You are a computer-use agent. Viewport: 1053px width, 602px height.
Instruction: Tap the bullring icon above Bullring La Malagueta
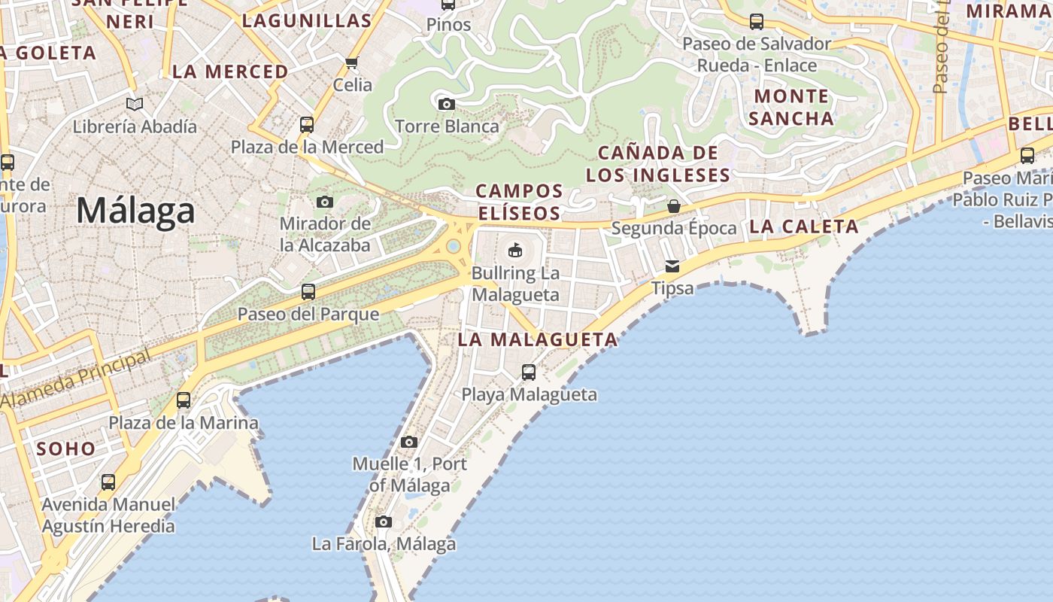tap(515, 250)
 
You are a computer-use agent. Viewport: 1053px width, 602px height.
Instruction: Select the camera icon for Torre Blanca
tap(447, 104)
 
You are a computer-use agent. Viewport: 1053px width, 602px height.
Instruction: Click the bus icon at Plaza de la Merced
tap(307, 124)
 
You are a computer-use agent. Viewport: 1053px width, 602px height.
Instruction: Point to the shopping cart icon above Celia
tap(352, 62)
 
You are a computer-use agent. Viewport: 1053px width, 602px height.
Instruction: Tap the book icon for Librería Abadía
tap(135, 104)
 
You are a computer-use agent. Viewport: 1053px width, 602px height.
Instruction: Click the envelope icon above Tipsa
tap(672, 266)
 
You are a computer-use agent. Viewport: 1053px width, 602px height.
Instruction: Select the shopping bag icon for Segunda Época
tap(674, 205)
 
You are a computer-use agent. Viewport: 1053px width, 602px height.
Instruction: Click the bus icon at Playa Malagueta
tap(529, 372)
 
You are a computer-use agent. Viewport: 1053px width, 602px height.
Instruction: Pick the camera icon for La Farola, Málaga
tap(384, 521)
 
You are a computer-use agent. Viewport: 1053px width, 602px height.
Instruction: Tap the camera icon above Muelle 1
tap(409, 442)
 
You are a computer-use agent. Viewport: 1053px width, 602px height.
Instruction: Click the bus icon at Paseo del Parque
tap(308, 291)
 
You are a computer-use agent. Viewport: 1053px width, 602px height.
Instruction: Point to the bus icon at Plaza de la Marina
tap(184, 400)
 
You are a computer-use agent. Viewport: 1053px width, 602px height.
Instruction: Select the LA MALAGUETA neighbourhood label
tap(538, 339)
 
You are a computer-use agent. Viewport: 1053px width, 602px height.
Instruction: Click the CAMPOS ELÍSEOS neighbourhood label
tap(519, 202)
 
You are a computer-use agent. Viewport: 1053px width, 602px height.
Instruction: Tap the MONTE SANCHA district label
tap(791, 107)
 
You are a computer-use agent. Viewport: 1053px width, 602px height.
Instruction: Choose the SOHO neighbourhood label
tap(66, 449)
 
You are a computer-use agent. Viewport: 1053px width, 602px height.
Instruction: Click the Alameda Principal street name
tap(75, 380)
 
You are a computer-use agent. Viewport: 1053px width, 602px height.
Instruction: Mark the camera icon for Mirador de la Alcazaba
tap(325, 202)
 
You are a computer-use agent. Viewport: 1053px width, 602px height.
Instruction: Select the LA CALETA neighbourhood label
tap(804, 227)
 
